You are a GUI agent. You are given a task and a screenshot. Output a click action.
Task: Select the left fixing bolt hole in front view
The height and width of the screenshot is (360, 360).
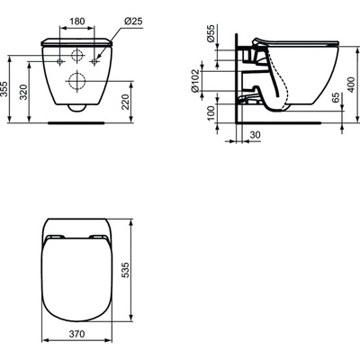[60, 61]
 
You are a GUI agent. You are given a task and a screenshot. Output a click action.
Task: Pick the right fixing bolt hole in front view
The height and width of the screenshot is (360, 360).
[93, 61]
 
